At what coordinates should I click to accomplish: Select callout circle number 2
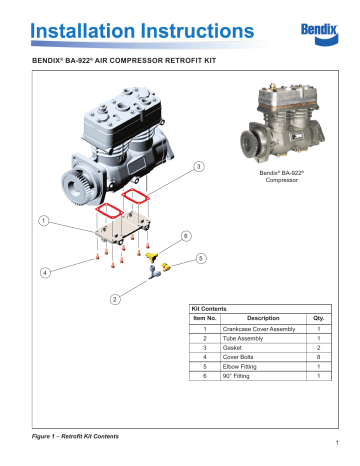pyautogui.click(x=117, y=298)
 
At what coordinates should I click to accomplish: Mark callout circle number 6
pyautogui.click(x=185, y=236)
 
